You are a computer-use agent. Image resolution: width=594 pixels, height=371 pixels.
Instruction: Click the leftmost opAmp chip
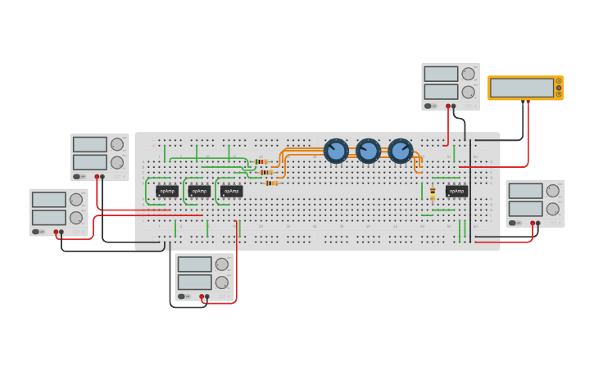click(167, 191)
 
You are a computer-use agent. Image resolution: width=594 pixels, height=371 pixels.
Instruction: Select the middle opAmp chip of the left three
click(199, 191)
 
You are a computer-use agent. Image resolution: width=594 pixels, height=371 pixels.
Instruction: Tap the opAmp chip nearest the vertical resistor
click(456, 191)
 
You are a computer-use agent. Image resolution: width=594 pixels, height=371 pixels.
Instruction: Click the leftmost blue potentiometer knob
click(336, 151)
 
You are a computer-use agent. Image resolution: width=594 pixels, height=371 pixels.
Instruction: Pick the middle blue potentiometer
click(368, 151)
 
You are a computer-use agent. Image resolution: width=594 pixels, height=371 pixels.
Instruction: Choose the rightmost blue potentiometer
click(400, 151)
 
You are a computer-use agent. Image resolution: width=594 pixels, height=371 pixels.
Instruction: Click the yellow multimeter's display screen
click(522, 88)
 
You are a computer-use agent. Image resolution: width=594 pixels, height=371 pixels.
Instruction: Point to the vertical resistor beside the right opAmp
click(433, 193)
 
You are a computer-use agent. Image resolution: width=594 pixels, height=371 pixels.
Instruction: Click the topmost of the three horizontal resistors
click(261, 161)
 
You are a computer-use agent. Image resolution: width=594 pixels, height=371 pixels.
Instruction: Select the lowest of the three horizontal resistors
click(271, 183)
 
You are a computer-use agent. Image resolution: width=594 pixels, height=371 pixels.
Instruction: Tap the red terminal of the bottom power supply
click(202, 296)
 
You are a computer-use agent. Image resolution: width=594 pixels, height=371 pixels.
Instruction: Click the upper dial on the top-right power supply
click(468, 74)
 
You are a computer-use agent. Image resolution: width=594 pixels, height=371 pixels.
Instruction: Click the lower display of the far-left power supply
click(48, 217)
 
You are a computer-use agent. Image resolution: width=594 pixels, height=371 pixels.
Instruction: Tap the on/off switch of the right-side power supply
click(514, 223)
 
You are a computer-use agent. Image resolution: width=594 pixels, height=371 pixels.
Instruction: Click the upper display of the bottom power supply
click(194, 264)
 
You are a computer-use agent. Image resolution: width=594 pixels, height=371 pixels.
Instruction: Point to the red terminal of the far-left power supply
click(56, 232)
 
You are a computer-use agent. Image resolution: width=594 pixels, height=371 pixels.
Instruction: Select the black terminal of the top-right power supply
click(453, 106)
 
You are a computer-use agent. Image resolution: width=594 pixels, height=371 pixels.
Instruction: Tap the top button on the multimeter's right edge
click(559, 81)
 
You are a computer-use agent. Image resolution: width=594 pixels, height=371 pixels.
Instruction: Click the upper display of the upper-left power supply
click(89, 144)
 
